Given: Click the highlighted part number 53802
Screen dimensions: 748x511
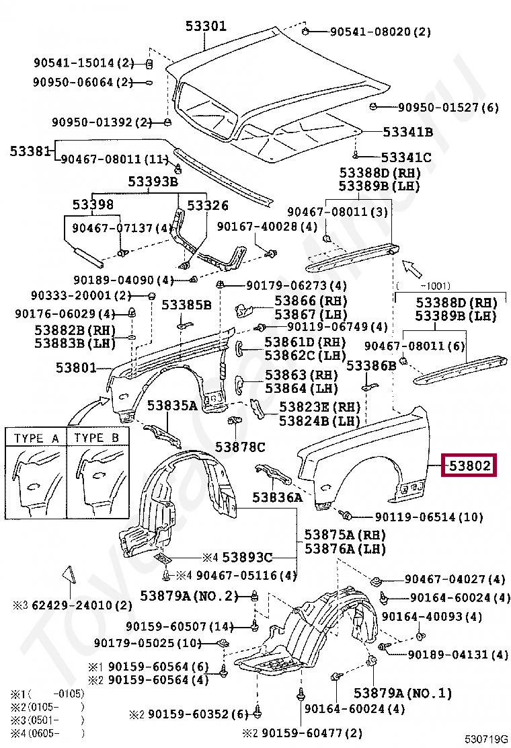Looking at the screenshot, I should [469, 465].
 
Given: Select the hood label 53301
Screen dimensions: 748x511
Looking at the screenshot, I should [206, 26].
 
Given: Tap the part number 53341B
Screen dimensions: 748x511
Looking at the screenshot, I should [407, 133].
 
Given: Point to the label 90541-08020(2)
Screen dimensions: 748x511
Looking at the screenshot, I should [380, 32].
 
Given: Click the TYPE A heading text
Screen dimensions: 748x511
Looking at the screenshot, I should [37, 438].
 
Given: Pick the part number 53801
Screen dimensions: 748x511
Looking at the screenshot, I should [75, 368].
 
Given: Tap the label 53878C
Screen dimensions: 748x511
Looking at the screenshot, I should [240, 447].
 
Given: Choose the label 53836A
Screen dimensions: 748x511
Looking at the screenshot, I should [278, 498].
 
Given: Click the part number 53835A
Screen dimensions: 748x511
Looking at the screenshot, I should [172, 406].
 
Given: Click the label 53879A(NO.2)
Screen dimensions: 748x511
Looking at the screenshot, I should [190, 596].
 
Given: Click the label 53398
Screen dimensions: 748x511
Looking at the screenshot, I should [93, 204].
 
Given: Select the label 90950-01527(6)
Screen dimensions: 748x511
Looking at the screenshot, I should [448, 107].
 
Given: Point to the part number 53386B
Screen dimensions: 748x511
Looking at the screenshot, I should [371, 365].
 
